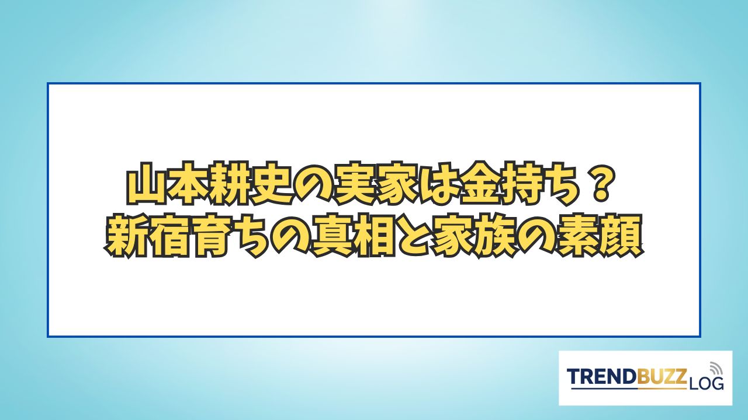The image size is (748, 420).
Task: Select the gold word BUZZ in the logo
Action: pyautogui.click(x=662, y=377)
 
